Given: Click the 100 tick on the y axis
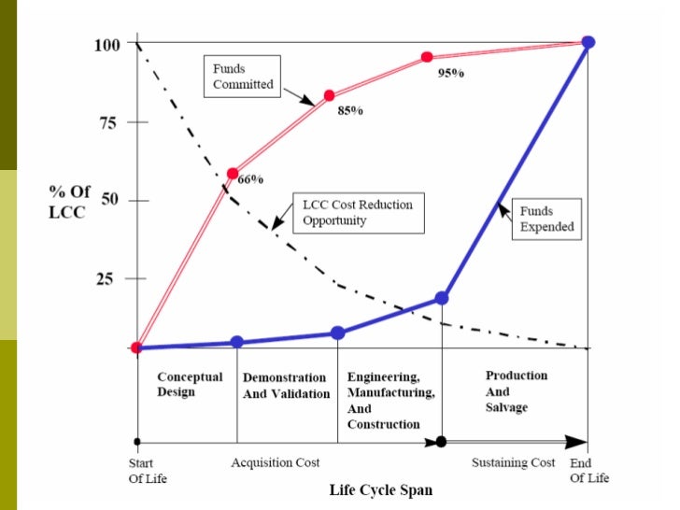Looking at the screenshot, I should pyautogui.click(x=107, y=44).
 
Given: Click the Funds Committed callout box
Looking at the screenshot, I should pyautogui.click(x=242, y=77).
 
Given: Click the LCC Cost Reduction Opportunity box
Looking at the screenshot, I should pyautogui.click(x=356, y=212).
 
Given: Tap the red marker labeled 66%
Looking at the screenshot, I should pyautogui.click(x=233, y=173).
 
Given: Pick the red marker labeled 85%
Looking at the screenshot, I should pyautogui.click(x=329, y=95).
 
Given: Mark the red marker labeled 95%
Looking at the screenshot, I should pyautogui.click(x=427, y=57).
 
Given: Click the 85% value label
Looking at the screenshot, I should pyautogui.click(x=350, y=111).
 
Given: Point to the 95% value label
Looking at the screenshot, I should pyautogui.click(x=450, y=73).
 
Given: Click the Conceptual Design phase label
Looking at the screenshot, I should pyautogui.click(x=189, y=384).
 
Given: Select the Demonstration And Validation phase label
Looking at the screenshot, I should pyautogui.click(x=286, y=386).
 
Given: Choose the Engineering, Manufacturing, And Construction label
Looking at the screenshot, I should pyautogui.click(x=390, y=400).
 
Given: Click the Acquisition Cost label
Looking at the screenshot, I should pyautogui.click(x=276, y=462).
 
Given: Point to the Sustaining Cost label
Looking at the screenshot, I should pyautogui.click(x=513, y=462).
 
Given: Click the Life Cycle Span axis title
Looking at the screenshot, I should pyautogui.click(x=380, y=489).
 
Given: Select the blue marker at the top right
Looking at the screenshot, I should pyautogui.click(x=588, y=42).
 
